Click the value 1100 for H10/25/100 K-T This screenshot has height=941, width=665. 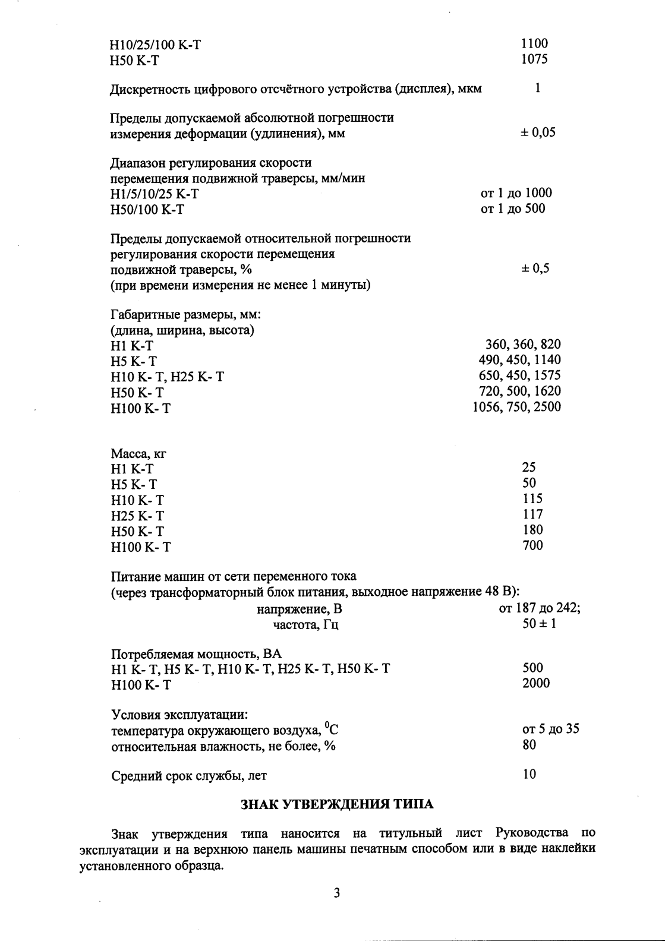pyautogui.click(x=534, y=43)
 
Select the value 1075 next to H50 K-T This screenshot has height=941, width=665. pyautogui.click(x=534, y=59)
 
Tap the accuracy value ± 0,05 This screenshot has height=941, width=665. pyautogui.click(x=538, y=132)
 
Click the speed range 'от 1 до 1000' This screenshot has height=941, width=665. pyautogui.click(x=516, y=193)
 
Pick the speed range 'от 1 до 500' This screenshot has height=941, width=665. pyautogui.click(x=512, y=209)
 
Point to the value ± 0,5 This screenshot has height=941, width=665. pyautogui.click(x=535, y=269)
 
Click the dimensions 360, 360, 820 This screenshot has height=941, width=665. pyautogui.click(x=523, y=345)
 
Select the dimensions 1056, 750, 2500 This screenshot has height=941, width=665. pyautogui.click(x=516, y=407)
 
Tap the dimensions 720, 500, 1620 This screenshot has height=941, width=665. pyautogui.click(x=519, y=391)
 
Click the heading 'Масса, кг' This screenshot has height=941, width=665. pyautogui.click(x=138, y=453)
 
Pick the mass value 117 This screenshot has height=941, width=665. pyautogui.click(x=532, y=514)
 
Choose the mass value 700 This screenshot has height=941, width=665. pyautogui.click(x=532, y=545)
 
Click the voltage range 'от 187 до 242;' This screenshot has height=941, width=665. pyautogui.click(x=540, y=608)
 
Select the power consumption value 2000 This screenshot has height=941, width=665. pyautogui.click(x=536, y=683)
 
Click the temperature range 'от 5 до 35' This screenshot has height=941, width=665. pyautogui.click(x=550, y=729)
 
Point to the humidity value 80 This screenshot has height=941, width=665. pyautogui.click(x=529, y=744)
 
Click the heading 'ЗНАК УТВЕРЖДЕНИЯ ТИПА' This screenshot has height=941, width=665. pyautogui.click(x=336, y=805)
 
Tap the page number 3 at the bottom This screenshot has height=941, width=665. pyautogui.click(x=336, y=893)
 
